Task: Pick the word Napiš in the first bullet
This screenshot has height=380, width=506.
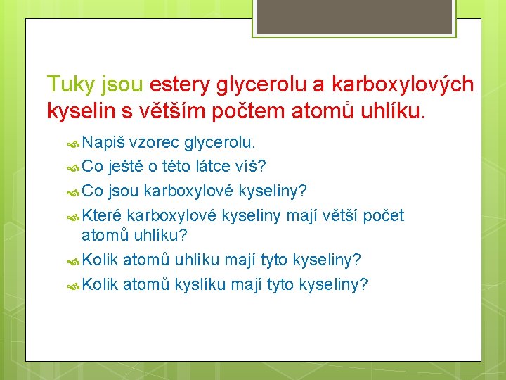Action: click(x=103, y=143)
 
